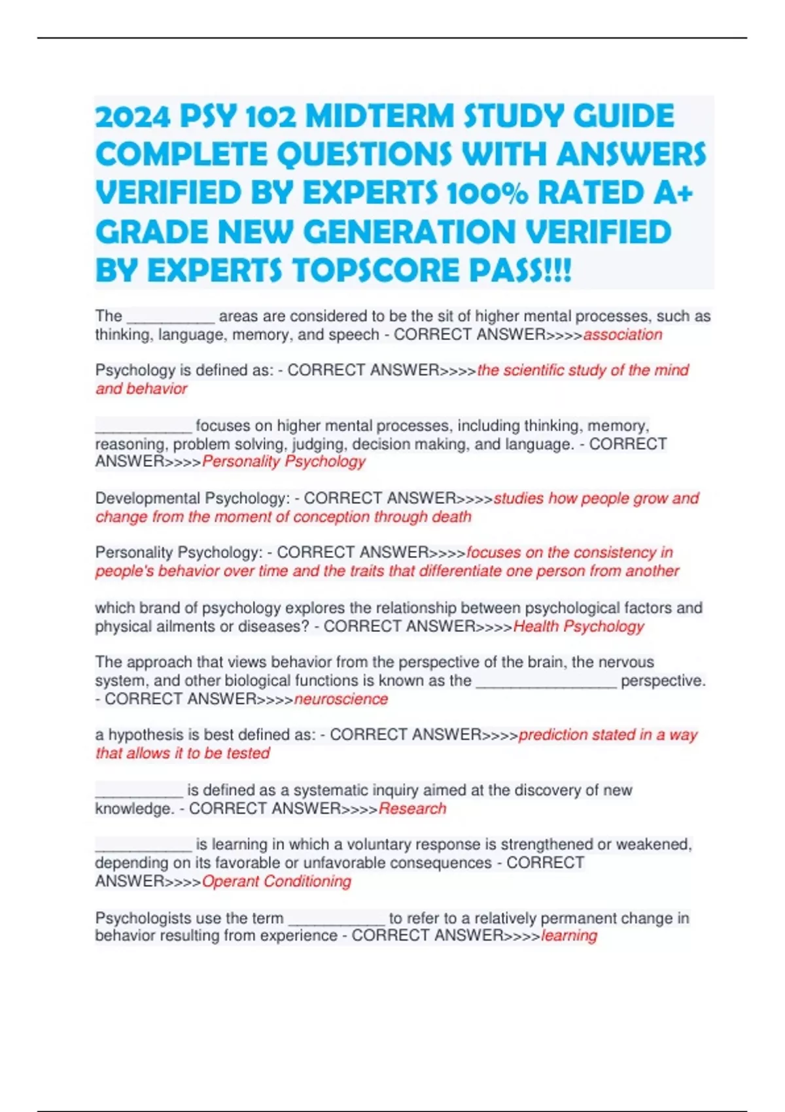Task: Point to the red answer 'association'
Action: (x=622, y=335)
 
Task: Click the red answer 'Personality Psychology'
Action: (x=284, y=462)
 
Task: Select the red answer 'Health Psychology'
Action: (x=578, y=627)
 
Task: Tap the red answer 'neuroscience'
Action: (x=341, y=699)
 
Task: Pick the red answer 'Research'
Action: (x=412, y=808)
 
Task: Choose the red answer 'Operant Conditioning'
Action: (x=277, y=882)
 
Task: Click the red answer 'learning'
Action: (x=569, y=936)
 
